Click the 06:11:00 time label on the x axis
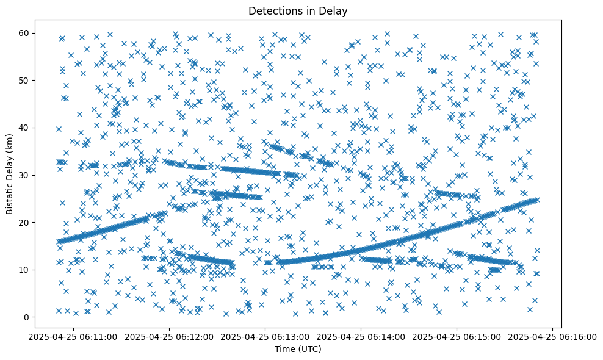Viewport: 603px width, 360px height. [74, 336]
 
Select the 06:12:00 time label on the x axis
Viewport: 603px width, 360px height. [170, 336]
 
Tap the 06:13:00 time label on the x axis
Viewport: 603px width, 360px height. [265, 336]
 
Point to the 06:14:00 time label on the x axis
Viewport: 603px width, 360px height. [361, 336]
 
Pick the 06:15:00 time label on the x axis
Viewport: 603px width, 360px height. [457, 336]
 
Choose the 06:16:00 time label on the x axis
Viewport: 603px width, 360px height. [552, 336]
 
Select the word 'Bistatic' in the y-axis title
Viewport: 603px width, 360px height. [10, 196]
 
